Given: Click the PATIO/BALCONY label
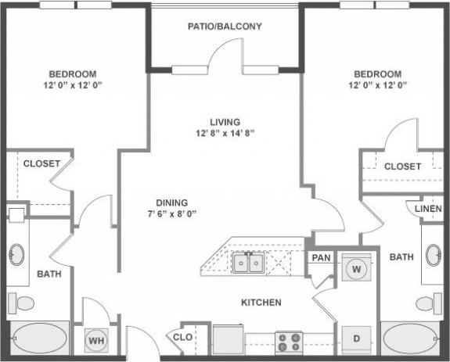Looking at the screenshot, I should pyautogui.click(x=225, y=26).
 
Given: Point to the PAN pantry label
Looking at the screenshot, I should pyautogui.click(x=321, y=257).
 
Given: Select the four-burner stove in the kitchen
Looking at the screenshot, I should pyautogui.click(x=288, y=342).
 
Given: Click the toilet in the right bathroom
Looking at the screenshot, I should pyautogui.click(x=427, y=303).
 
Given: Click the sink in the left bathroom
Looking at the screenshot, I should pyautogui.click(x=17, y=256).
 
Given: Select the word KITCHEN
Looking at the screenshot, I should pyautogui.click(x=261, y=303).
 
